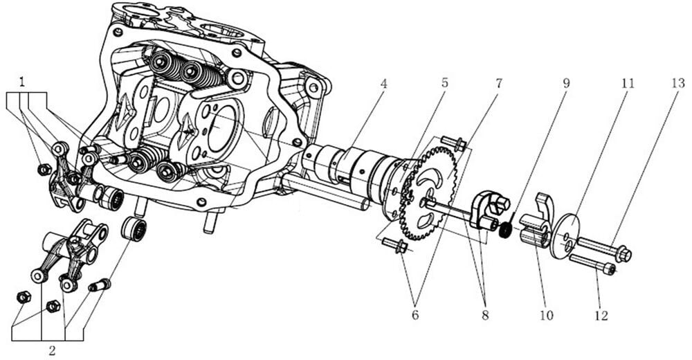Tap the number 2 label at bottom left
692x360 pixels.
click(52, 350)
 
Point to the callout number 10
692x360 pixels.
click(546, 315)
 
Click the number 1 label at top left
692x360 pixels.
click(24, 82)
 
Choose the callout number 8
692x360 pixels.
click(484, 315)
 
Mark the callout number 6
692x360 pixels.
click(414, 315)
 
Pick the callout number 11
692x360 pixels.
click(627, 83)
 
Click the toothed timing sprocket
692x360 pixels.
click(428, 188)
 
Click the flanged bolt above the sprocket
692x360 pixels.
click(453, 144)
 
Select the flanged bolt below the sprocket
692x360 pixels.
click(395, 245)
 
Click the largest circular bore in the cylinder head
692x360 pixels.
click(226, 129)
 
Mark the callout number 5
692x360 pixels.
click(444, 83)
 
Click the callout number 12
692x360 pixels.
click(600, 315)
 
